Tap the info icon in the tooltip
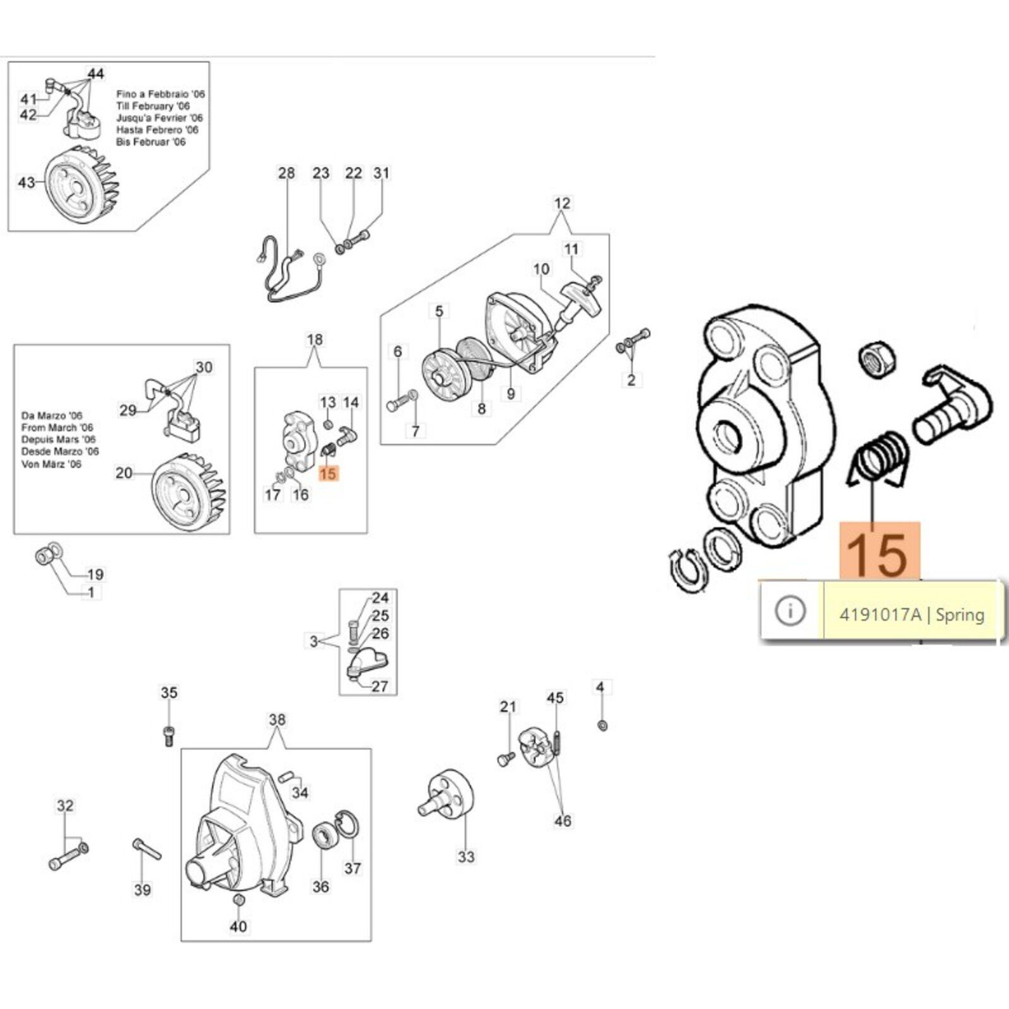coord(790,610)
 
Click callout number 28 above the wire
coord(286,173)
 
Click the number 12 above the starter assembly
coord(562,204)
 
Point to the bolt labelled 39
coord(147,850)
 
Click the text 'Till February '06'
coord(153,106)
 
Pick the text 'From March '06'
coord(57,428)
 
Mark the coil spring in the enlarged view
coord(878,458)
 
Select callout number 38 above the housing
coord(277,720)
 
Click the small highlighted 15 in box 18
coord(328,473)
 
